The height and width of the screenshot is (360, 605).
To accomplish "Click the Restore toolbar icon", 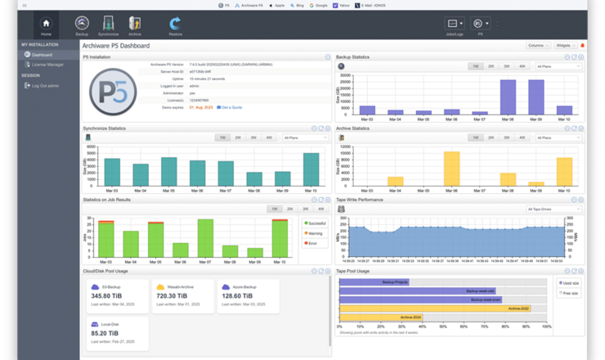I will click(176, 24).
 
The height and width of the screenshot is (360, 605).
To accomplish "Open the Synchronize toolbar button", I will click(108, 24).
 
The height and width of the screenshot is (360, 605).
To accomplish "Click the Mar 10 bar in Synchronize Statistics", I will click(311, 170).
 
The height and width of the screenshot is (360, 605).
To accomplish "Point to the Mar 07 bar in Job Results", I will click(205, 239).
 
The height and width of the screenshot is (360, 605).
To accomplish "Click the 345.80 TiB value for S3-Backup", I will click(106, 296).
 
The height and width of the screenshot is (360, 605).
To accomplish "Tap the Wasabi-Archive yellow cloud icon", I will click(160, 286).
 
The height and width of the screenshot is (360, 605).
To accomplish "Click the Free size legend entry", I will click(569, 293).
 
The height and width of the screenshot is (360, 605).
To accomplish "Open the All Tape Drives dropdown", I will click(554, 209).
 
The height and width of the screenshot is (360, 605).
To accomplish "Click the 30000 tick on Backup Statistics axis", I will click(346, 76).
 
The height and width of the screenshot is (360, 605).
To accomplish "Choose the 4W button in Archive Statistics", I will click(522, 137).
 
